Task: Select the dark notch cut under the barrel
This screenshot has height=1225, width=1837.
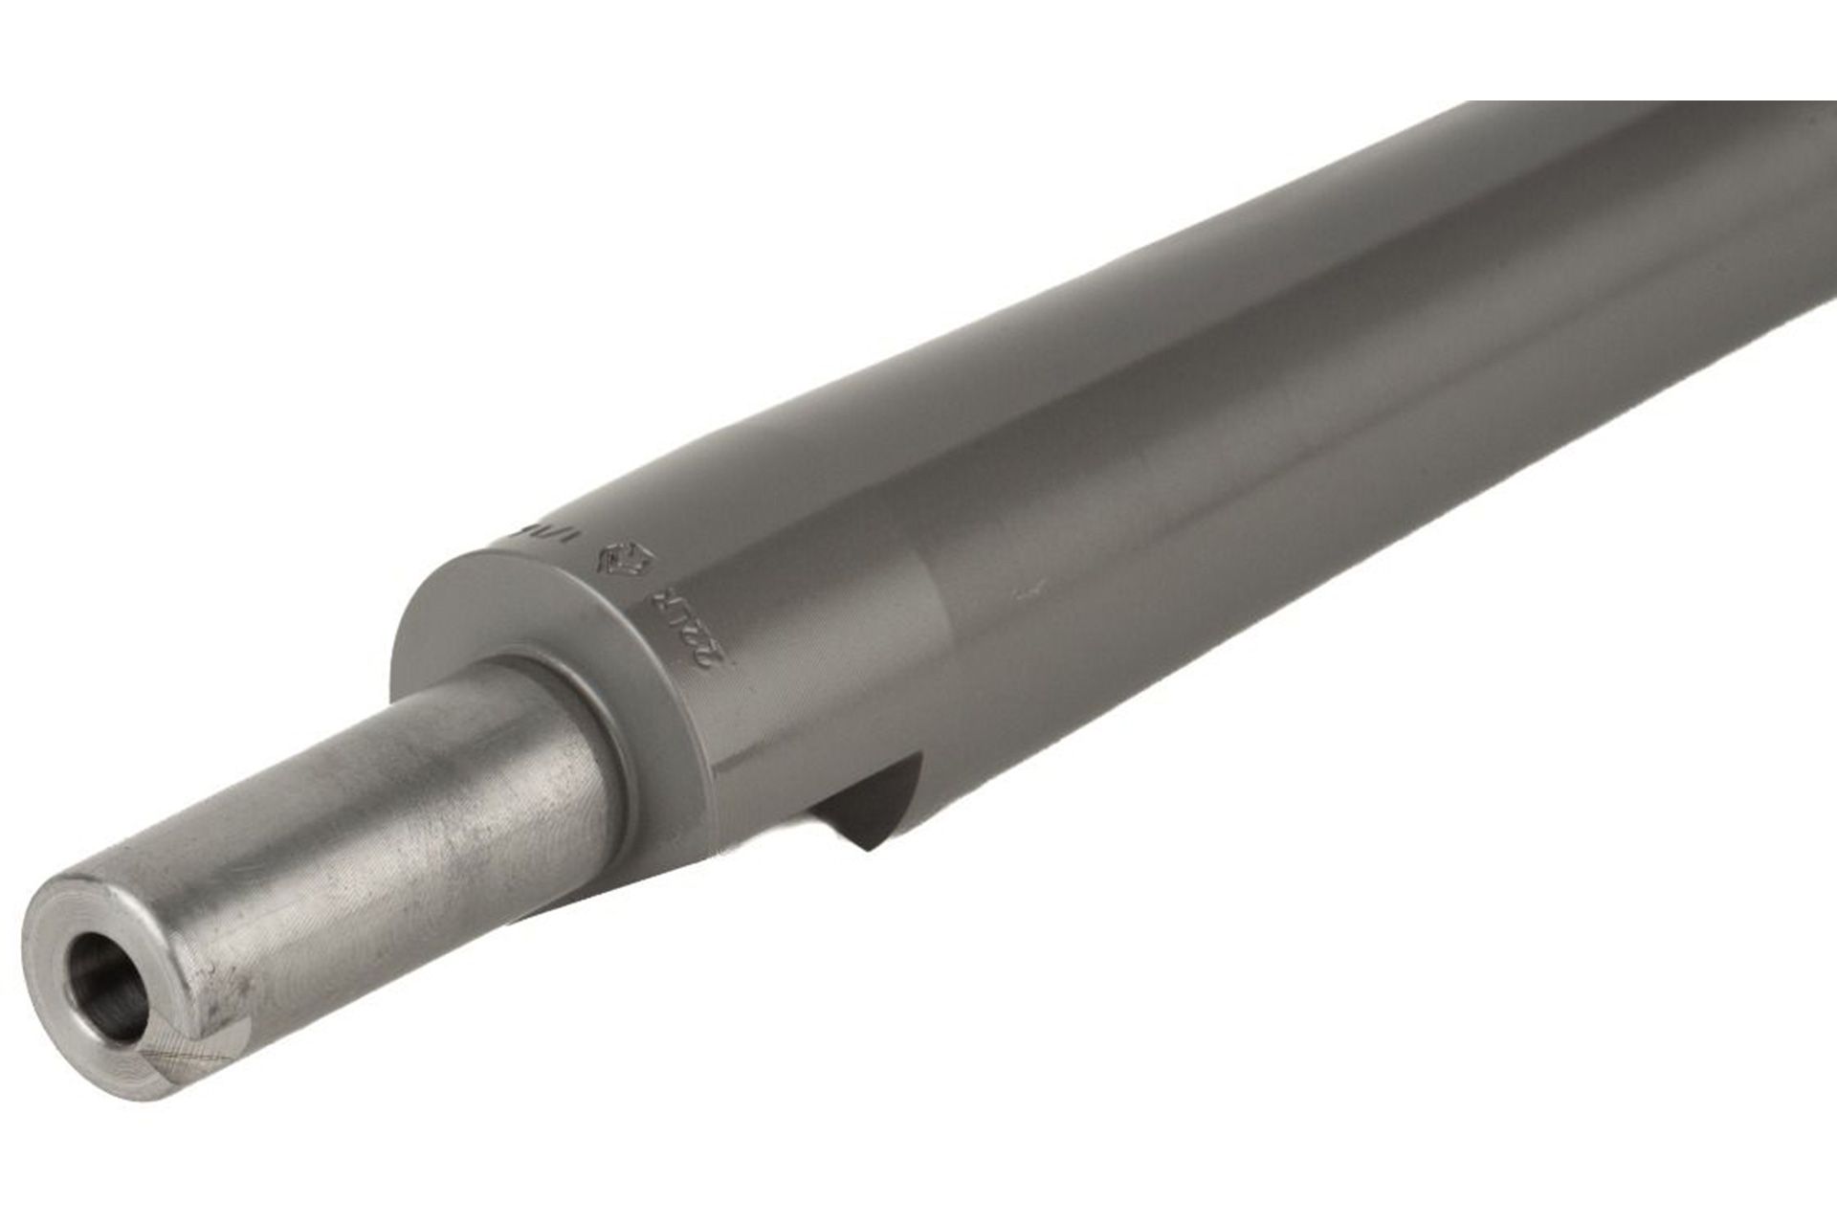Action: click(x=861, y=804)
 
